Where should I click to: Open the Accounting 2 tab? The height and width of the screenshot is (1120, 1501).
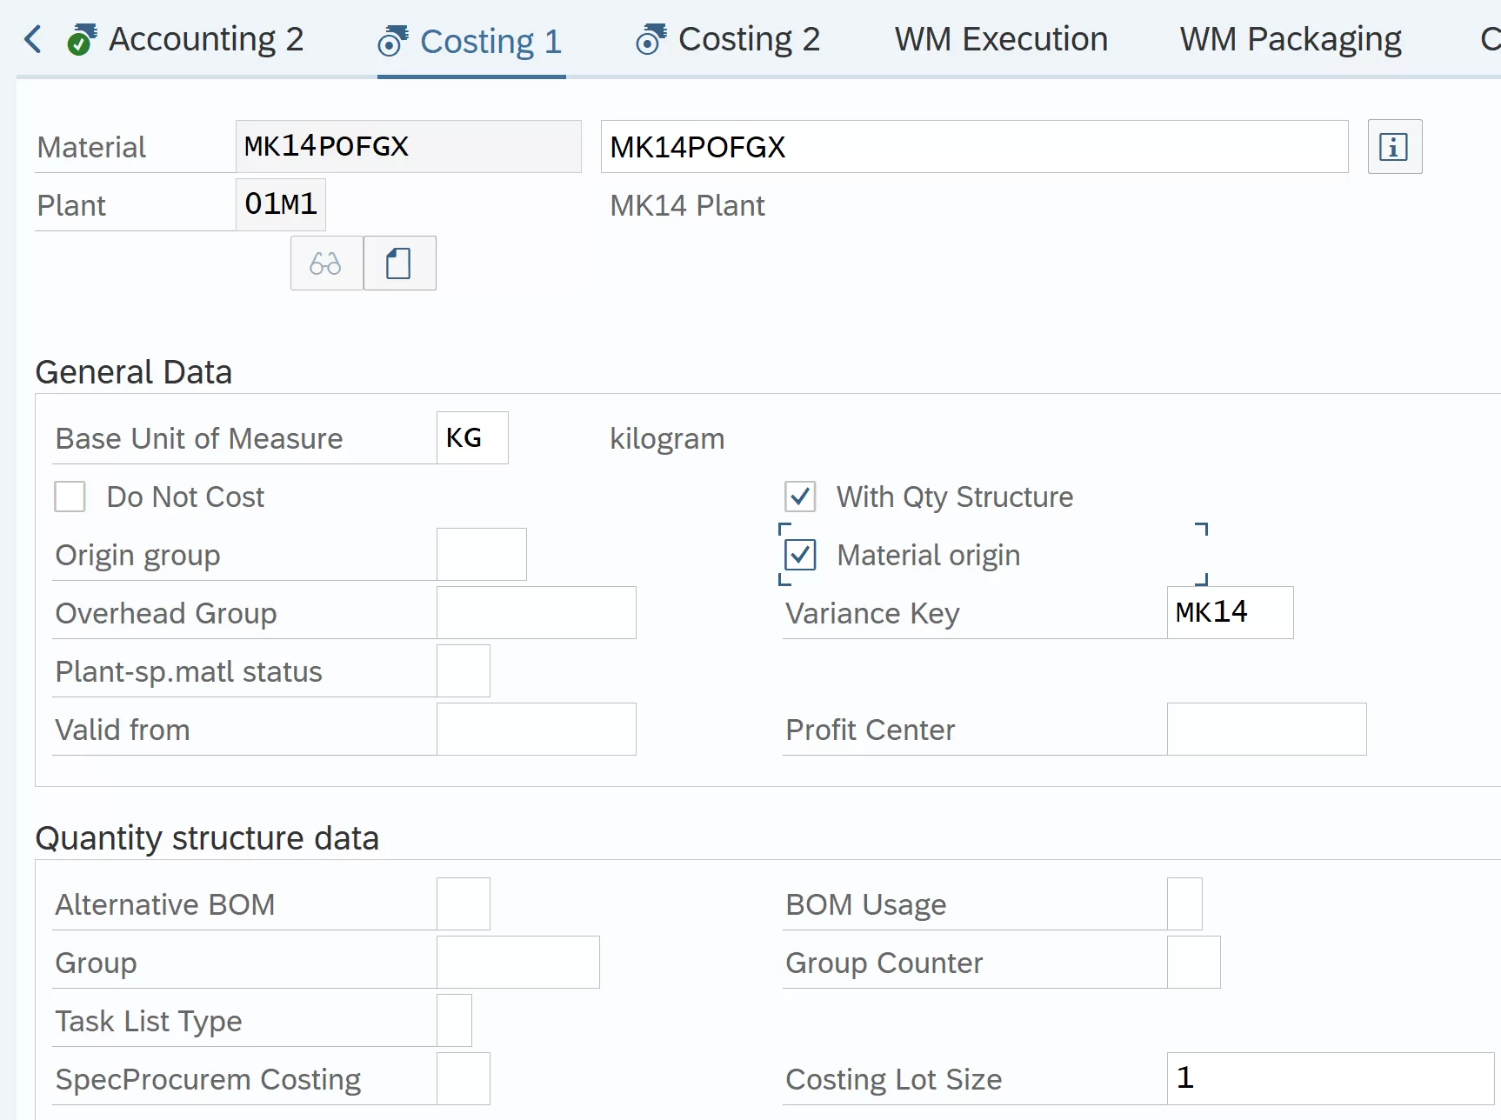coord(185,39)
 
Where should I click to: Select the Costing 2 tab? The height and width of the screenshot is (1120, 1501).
coord(728,39)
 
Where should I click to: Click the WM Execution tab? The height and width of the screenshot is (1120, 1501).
coord(1001,39)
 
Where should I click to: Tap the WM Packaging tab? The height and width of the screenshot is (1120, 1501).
coord(1291,39)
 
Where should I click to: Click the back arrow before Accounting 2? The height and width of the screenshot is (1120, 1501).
coord(33,39)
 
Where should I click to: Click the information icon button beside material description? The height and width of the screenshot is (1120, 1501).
coord(1394,147)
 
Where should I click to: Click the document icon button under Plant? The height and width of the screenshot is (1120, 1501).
coord(399,263)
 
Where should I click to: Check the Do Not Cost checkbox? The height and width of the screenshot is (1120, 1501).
coord(70,497)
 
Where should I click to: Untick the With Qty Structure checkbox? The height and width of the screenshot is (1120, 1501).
coord(800,497)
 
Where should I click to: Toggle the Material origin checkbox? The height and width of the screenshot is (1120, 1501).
coord(800,555)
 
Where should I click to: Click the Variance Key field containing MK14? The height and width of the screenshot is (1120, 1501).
coord(1230,612)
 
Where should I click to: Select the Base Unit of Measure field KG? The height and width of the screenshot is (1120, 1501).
coord(472,437)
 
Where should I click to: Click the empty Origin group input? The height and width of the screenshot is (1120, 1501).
coord(481,554)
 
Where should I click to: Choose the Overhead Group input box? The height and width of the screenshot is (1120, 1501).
coord(536,612)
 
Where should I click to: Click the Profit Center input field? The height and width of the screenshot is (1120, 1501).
coord(1266,729)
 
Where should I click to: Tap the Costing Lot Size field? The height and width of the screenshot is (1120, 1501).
coord(1331,1078)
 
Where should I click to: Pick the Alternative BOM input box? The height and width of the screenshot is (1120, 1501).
coord(463,903)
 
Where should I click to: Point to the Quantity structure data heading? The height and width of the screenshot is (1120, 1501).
coord(207,838)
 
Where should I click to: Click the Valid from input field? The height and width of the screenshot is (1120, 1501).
coord(536,729)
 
